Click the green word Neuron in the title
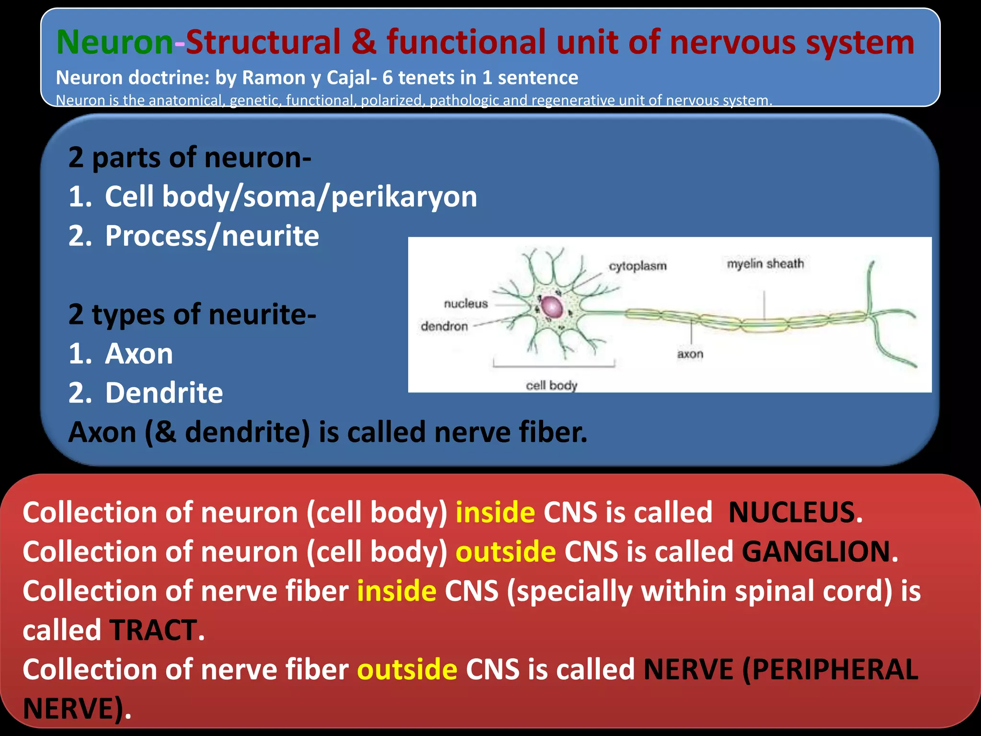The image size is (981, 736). (114, 42)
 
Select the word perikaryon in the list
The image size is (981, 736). (404, 197)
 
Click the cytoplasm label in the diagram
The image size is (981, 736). (637, 266)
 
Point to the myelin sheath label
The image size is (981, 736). (765, 264)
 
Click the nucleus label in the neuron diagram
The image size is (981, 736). (465, 304)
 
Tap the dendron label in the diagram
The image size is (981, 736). (444, 326)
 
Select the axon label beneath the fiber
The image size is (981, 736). (690, 354)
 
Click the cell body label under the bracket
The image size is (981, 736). (551, 385)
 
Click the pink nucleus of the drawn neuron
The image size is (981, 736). (551, 307)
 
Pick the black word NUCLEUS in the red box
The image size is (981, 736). (791, 512)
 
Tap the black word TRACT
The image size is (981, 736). (153, 630)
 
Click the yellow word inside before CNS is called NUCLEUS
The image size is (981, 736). (495, 512)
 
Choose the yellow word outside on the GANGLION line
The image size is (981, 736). (505, 552)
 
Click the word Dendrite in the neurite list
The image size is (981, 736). (164, 393)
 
